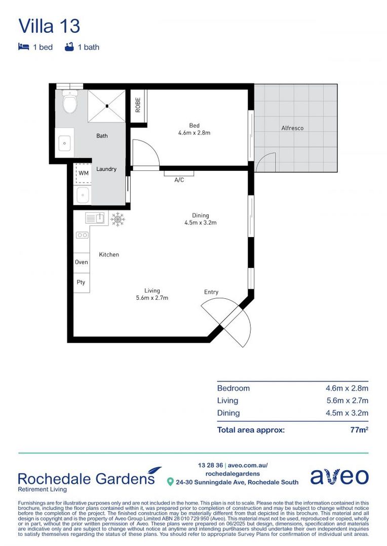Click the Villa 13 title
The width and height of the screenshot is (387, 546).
(49, 26)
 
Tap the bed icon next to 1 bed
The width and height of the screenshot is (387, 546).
(23, 47)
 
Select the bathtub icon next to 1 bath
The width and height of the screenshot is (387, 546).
(69, 47)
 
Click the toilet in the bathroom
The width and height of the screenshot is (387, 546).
(69, 104)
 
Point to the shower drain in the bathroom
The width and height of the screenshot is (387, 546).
(107, 106)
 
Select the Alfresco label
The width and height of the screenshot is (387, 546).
(292, 128)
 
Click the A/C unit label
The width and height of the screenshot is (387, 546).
(179, 179)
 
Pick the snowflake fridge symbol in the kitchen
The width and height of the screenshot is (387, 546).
(118, 218)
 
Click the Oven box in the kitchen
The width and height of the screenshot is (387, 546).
(81, 262)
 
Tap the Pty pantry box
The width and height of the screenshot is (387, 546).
(81, 283)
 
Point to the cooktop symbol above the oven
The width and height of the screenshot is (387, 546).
(82, 235)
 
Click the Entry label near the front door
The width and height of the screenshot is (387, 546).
(211, 292)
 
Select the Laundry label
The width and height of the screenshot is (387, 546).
(106, 169)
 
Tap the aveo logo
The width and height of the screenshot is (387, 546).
(339, 476)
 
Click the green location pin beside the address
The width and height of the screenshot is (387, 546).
(171, 482)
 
